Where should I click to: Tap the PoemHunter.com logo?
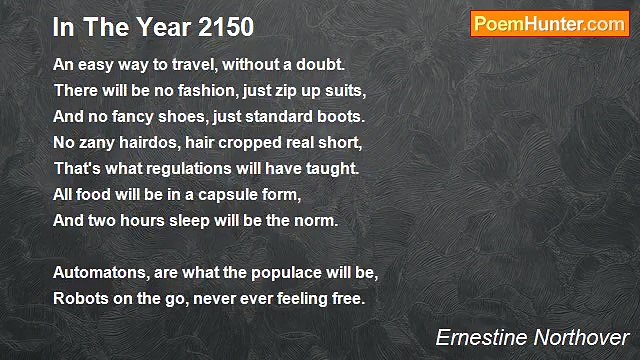pyautogui.click(x=549, y=25)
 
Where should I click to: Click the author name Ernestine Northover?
pyautogui.click(x=533, y=337)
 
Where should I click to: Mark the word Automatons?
pyautogui.click(x=99, y=272)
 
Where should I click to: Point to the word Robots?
pyautogui.click(x=80, y=298)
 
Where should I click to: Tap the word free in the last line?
pyautogui.click(x=346, y=298)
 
